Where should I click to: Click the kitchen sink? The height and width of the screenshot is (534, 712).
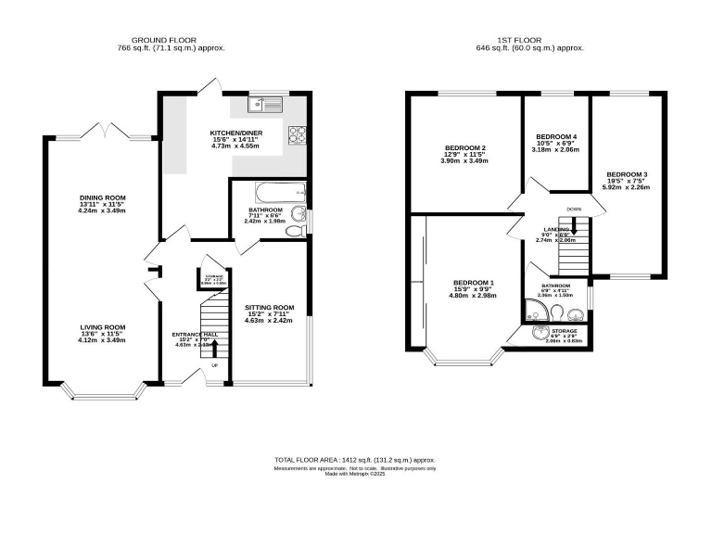[x=269, y=104]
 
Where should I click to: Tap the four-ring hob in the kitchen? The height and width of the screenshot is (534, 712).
[x=299, y=134]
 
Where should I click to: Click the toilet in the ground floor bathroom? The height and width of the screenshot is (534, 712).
[x=296, y=231]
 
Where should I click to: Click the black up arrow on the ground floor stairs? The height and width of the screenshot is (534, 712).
[x=215, y=348]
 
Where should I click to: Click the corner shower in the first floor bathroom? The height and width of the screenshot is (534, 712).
[x=532, y=309]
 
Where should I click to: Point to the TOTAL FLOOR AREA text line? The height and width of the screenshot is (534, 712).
[x=355, y=460]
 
